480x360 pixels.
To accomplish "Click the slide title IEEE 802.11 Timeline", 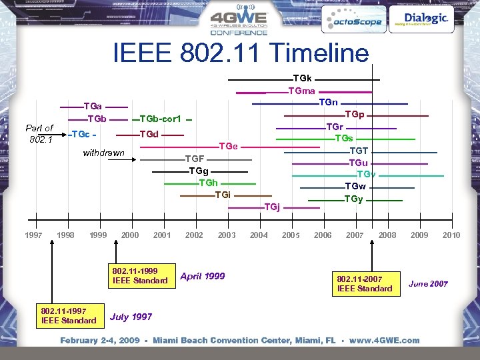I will click(x=241, y=53).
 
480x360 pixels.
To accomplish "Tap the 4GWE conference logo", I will click(x=239, y=23).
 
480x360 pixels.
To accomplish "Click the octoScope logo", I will click(x=353, y=21).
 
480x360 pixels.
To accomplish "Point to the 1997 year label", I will click(x=33, y=235).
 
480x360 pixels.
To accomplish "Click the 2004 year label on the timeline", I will click(x=259, y=235).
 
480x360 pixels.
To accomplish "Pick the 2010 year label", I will click(x=451, y=235).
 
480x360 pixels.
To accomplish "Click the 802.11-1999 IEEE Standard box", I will click(x=140, y=276).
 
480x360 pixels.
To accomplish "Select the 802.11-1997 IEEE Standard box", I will click(x=69, y=316).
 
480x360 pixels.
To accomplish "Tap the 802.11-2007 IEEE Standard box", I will click(x=365, y=283).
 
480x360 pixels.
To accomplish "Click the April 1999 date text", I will click(x=203, y=276).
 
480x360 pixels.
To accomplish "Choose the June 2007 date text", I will click(x=428, y=284).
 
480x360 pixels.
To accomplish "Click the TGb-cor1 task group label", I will click(x=161, y=119).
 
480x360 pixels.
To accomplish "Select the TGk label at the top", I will click(x=303, y=79).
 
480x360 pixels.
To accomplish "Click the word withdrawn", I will click(x=103, y=153).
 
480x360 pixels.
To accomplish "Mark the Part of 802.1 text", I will click(x=39, y=133).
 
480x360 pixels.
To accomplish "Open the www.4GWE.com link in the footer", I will click(x=385, y=340).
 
